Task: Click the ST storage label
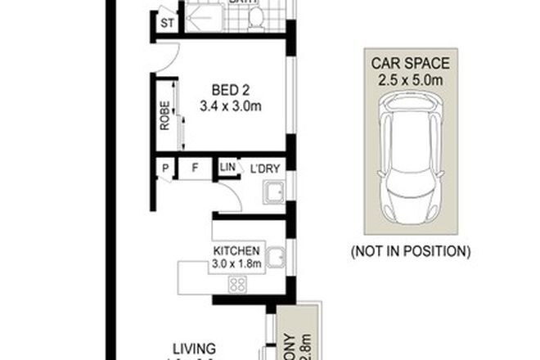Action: tap(166, 23)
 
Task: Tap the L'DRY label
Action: tap(266, 168)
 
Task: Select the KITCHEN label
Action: tap(236, 250)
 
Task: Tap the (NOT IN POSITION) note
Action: tap(411, 250)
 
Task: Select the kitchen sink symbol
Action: tap(277, 261)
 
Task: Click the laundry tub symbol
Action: tap(273, 194)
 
